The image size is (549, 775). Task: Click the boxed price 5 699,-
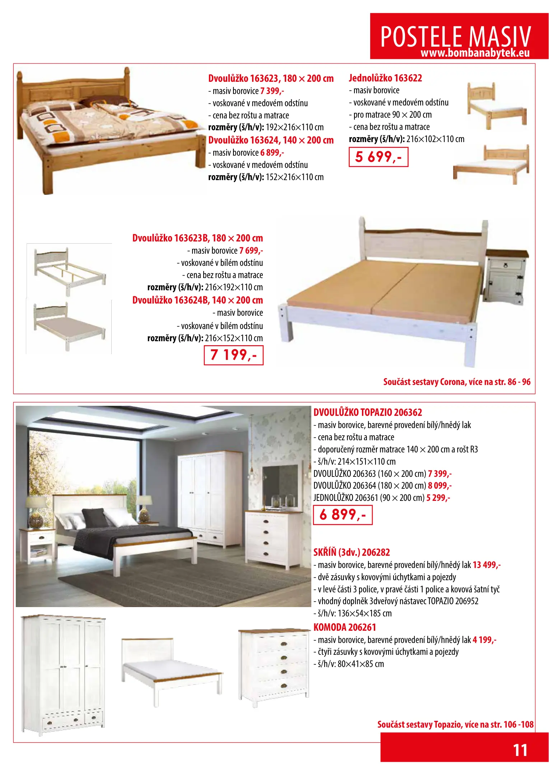click(378, 157)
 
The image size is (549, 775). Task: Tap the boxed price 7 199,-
click(233, 355)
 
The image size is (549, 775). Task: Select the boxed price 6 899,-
click(343, 515)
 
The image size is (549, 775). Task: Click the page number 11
click(520, 750)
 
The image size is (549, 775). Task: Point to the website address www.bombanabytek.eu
click(475, 53)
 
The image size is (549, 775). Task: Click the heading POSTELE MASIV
click(455, 36)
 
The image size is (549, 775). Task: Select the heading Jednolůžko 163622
click(385, 78)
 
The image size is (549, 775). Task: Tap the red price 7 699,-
click(251, 250)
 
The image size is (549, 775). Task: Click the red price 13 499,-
click(487, 565)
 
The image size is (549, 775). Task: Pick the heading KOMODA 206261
click(345, 627)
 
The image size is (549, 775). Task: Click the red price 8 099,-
click(439, 485)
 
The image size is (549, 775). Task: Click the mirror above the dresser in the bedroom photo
click(280, 484)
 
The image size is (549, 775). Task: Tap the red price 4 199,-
click(484, 640)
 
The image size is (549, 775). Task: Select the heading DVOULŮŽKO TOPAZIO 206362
click(368, 412)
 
